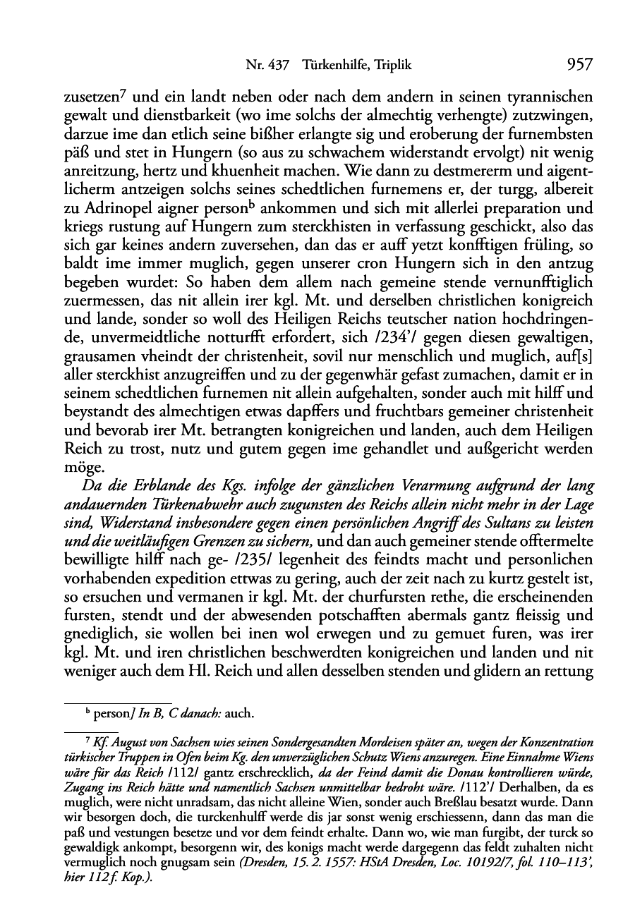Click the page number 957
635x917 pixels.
pyautogui.click(x=579, y=65)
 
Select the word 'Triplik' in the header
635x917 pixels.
pyautogui.click(x=390, y=66)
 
